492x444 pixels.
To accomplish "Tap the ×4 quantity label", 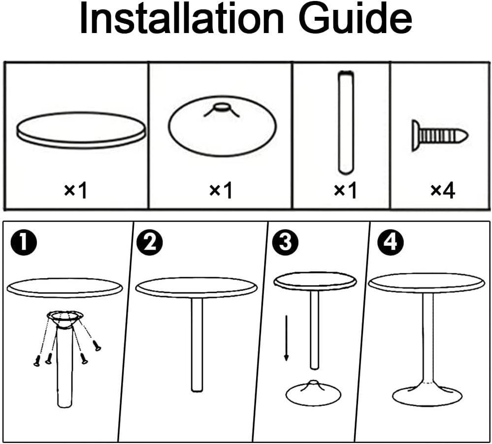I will [x=442, y=190].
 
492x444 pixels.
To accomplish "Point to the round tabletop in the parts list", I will [x=81, y=129].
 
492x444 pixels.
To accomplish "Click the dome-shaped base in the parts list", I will [x=222, y=127].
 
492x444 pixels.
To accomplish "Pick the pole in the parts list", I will [x=346, y=122].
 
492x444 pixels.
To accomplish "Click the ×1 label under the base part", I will [x=221, y=190].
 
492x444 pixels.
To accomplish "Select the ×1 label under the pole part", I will [x=345, y=190].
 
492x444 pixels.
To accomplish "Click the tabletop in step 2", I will [x=197, y=287].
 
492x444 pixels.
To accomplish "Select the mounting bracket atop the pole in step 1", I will [x=65, y=317].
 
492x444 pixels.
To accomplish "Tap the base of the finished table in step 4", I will [x=427, y=395].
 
